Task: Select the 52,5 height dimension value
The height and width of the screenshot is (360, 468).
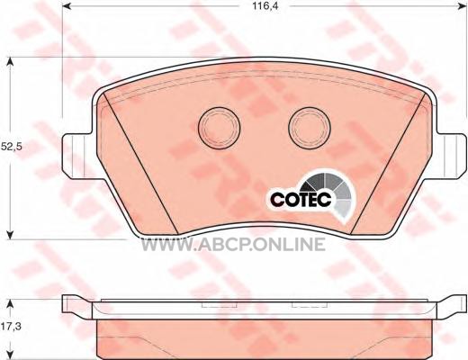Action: [x=12, y=147]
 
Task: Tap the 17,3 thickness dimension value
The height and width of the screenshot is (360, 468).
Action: [x=11, y=326]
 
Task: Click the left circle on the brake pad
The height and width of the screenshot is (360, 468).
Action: [x=220, y=128]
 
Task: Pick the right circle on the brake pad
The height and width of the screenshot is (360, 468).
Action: [x=310, y=128]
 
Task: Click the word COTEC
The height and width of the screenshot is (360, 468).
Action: [x=301, y=198]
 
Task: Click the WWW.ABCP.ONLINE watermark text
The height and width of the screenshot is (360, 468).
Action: [x=233, y=244]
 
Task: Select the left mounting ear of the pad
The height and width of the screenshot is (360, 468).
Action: [x=77, y=157]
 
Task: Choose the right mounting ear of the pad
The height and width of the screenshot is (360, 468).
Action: [x=451, y=157]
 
